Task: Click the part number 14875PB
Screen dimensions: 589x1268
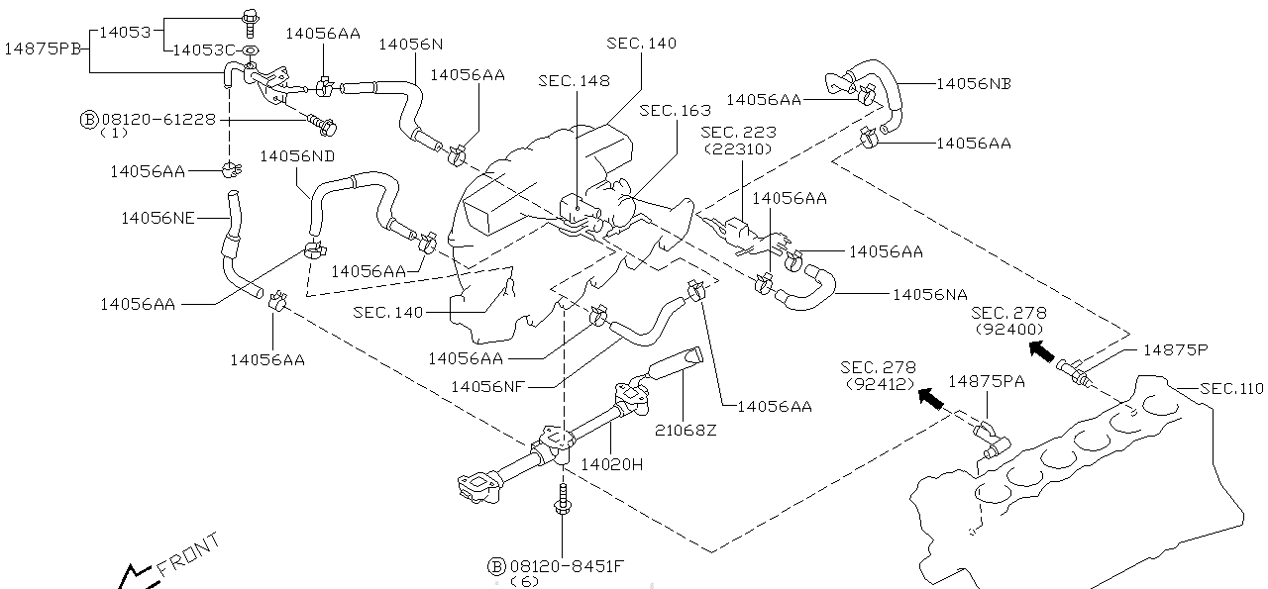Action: [44, 49]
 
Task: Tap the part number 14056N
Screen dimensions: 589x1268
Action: [410, 44]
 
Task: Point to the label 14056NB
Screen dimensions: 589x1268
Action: [973, 84]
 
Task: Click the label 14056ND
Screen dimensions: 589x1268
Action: [297, 155]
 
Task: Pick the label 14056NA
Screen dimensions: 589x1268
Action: [930, 294]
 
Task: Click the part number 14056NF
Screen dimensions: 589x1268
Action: [487, 386]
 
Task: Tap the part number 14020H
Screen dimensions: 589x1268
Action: [612, 463]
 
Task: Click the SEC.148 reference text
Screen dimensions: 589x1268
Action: [574, 80]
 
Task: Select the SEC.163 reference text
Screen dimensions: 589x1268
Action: [676, 110]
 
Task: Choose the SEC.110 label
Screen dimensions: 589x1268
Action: [1231, 388]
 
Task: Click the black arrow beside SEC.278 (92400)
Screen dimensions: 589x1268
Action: [1040, 348]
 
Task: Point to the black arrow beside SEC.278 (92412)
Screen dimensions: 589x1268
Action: [929, 397]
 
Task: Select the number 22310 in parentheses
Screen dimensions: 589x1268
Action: [738, 148]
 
